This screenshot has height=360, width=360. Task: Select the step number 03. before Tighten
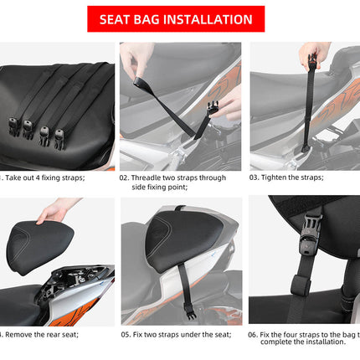point(257,177)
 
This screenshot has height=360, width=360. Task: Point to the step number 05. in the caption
point(127,334)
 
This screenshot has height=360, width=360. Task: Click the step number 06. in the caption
point(256,334)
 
